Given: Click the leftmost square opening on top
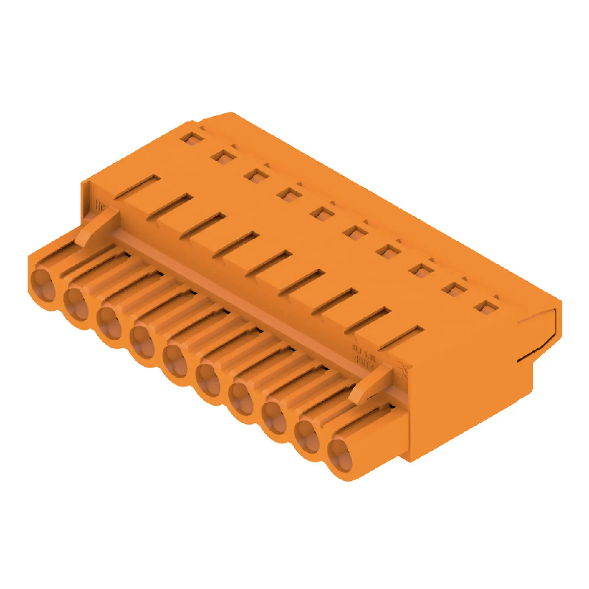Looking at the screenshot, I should coord(192,139).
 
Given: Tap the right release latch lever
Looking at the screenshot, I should coord(370,385).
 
